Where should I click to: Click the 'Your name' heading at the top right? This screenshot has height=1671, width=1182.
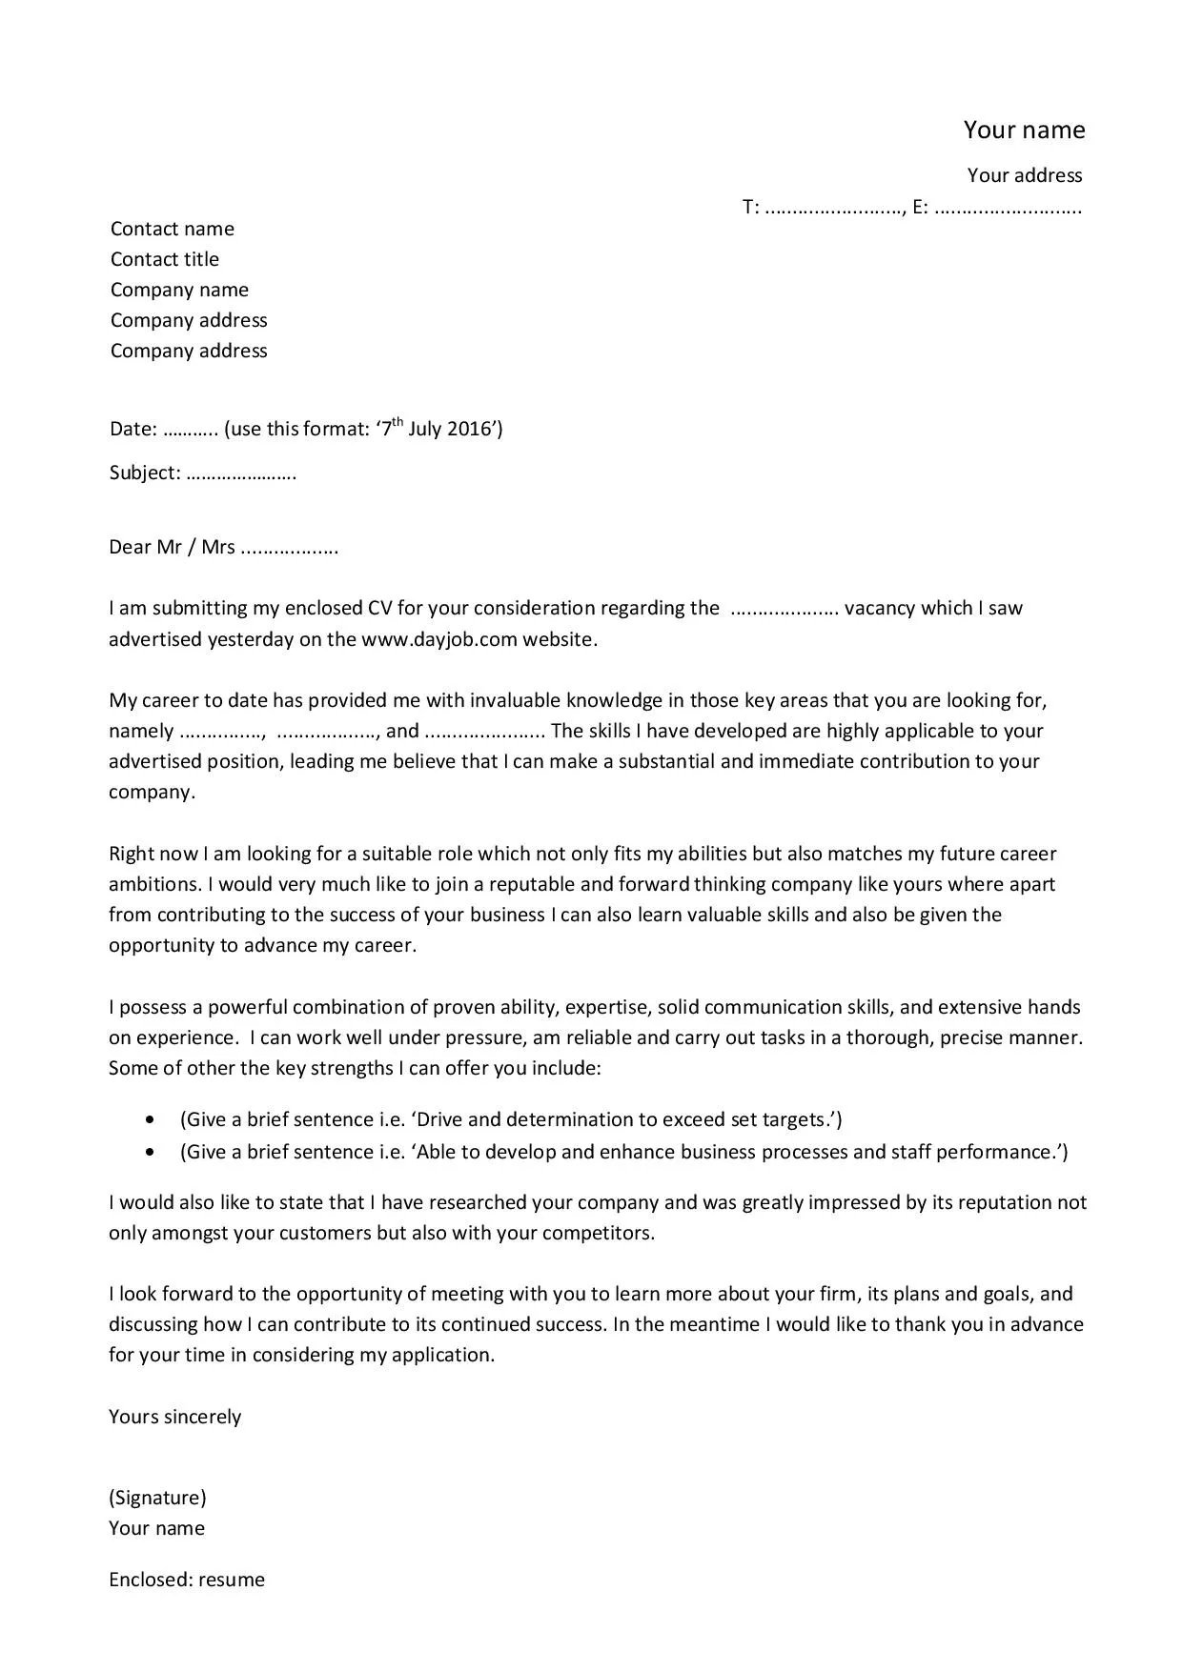[1024, 130]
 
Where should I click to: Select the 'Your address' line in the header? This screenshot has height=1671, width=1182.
[1025, 175]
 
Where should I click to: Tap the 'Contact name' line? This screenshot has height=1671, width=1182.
[172, 229]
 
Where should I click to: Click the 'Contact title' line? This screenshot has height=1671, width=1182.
[164, 259]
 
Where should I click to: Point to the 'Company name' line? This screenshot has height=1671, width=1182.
[179, 290]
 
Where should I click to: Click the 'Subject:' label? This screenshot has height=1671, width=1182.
[144, 473]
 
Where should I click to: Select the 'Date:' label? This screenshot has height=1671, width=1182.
[132, 429]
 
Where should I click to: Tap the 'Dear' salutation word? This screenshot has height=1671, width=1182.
[131, 547]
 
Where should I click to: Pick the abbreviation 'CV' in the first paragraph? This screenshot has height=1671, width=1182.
[380, 609]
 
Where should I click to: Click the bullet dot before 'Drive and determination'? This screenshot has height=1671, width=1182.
[150, 1120]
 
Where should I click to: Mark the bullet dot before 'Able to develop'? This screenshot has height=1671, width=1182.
[150, 1153]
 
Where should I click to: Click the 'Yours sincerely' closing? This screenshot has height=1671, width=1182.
[174, 1417]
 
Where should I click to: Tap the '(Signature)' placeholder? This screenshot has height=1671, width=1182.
[157, 1498]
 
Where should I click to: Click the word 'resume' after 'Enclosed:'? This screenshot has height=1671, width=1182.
[232, 1580]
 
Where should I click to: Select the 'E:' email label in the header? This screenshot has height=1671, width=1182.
[920, 208]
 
